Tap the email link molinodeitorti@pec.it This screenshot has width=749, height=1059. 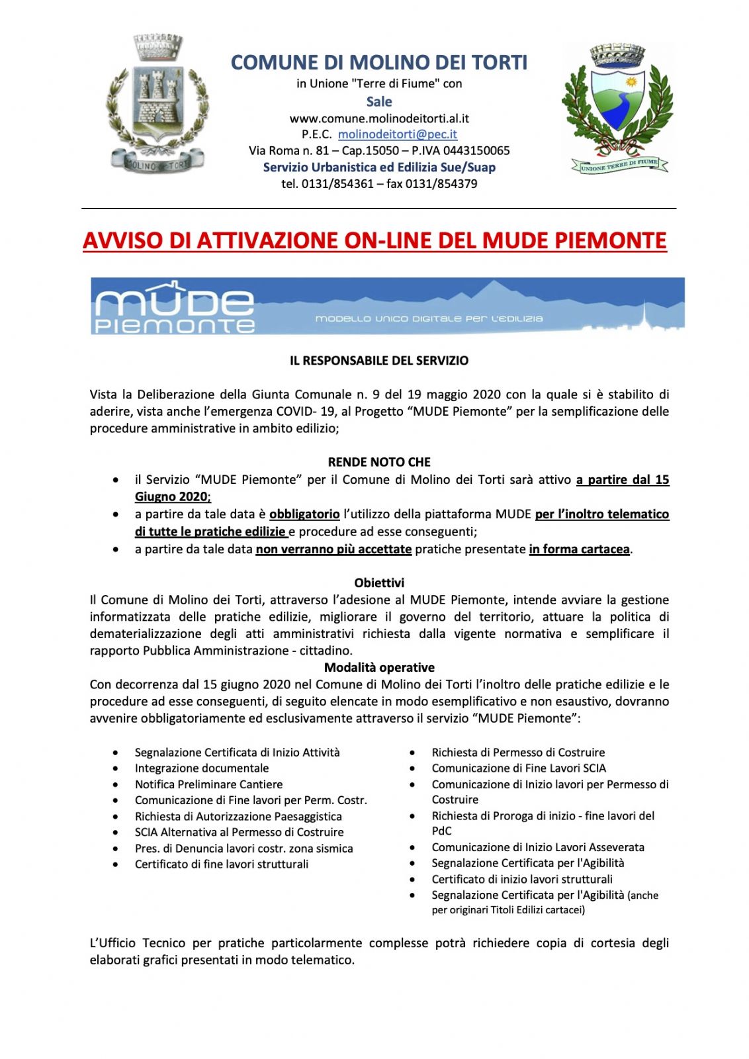(x=397, y=134)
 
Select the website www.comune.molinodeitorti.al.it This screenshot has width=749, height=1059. (x=379, y=118)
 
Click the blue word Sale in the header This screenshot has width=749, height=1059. (x=379, y=101)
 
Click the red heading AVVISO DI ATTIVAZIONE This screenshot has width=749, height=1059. (x=374, y=240)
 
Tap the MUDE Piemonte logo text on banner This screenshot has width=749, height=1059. (x=175, y=307)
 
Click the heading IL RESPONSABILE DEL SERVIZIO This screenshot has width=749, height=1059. (x=379, y=361)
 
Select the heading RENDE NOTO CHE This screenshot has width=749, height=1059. (x=379, y=462)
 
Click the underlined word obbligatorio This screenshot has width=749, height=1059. (x=304, y=514)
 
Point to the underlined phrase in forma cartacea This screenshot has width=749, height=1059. (x=579, y=549)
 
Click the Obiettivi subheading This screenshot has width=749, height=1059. (x=379, y=583)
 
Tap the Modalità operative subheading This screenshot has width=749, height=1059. (x=379, y=667)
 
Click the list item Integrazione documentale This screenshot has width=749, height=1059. (x=202, y=768)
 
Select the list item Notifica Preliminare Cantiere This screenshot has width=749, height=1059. (x=208, y=784)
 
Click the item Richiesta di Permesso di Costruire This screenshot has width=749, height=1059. (x=518, y=753)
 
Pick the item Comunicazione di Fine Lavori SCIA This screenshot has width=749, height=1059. (x=519, y=768)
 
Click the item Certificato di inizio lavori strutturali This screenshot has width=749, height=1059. (x=522, y=879)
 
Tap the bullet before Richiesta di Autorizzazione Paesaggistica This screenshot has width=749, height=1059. (x=116, y=817)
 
